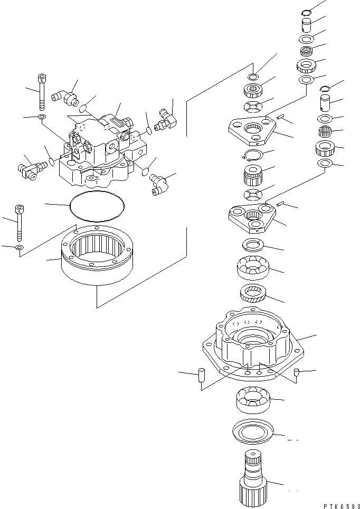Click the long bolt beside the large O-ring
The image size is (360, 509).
[x=20, y=220]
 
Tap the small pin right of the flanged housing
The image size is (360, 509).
[x=297, y=373]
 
